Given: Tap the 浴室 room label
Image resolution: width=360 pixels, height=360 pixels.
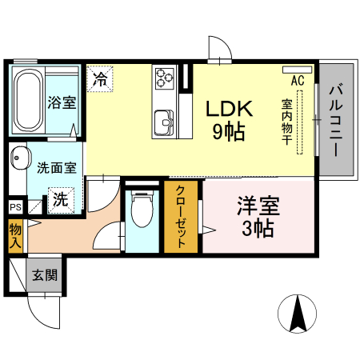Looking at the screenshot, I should (61, 102).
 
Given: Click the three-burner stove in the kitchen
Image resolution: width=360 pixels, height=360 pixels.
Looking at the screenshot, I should (166, 78).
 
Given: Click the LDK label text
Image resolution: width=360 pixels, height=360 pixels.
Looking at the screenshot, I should (230, 110).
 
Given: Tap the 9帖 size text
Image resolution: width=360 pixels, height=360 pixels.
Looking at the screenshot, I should (229, 132).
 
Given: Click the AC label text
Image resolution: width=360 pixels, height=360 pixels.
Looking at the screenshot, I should (298, 81).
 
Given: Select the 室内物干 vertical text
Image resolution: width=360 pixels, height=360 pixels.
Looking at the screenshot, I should (286, 120).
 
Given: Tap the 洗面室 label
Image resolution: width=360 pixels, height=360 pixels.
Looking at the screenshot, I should (57, 168).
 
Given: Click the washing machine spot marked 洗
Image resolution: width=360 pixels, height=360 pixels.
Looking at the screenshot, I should (60, 199).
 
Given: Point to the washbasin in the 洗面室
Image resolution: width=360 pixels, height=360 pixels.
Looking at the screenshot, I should (18, 158).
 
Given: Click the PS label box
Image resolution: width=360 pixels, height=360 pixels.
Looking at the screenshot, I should (15, 207).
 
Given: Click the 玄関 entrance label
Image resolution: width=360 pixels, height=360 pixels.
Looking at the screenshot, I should (44, 276).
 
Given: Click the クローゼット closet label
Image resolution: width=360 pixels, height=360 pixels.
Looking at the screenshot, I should (182, 218).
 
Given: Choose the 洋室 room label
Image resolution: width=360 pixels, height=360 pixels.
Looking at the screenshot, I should (258, 206).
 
